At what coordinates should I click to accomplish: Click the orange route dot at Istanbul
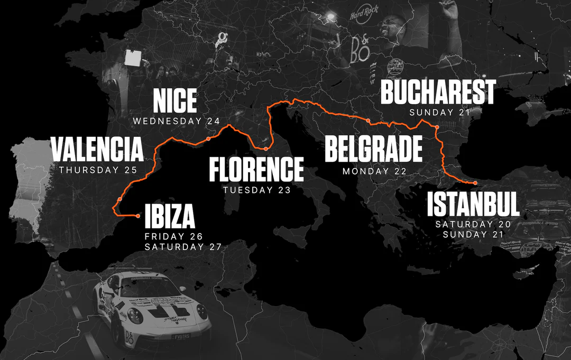pyautogui.click(x=475, y=183)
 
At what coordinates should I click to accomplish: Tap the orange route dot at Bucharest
pyautogui.click(x=437, y=127)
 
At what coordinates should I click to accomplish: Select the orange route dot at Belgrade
pyautogui.click(x=369, y=121)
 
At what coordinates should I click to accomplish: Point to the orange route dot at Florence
pyautogui.click(x=266, y=149)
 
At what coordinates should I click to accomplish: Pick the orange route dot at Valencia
pyautogui.click(x=121, y=199)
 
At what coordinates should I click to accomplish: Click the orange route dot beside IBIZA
pyautogui.click(x=138, y=216)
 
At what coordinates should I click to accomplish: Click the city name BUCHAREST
pyautogui.click(x=438, y=93)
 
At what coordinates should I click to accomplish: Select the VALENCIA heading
pyautogui.click(x=97, y=150)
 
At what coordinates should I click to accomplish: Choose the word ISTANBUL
pyautogui.click(x=474, y=205)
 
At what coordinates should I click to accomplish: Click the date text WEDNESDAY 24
pyautogui.click(x=176, y=121)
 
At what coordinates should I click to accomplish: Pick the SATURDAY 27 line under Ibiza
pyautogui.click(x=182, y=247)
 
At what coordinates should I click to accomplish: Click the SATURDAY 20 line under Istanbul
pyautogui.click(x=473, y=224)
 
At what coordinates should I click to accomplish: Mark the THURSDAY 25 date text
pyautogui.click(x=98, y=170)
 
